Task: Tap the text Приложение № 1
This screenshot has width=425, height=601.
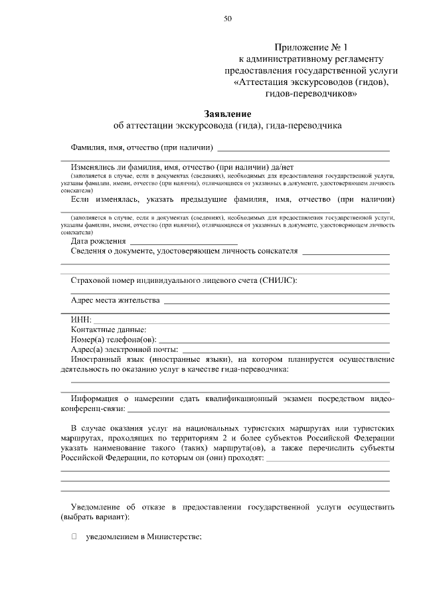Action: tap(311, 48)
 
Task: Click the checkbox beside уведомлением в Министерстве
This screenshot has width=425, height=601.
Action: tap(74, 536)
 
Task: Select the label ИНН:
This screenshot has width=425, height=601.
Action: tap(82, 319)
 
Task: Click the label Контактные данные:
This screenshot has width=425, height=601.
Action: tap(108, 329)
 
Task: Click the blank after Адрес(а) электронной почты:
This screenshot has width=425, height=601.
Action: tap(286, 350)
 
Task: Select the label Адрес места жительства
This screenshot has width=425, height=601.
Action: tap(116, 300)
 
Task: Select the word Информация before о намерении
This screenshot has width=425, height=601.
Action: tap(99, 398)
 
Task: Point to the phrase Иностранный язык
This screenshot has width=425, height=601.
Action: tap(105, 359)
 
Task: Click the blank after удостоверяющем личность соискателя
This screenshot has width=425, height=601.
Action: tap(345, 252)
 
